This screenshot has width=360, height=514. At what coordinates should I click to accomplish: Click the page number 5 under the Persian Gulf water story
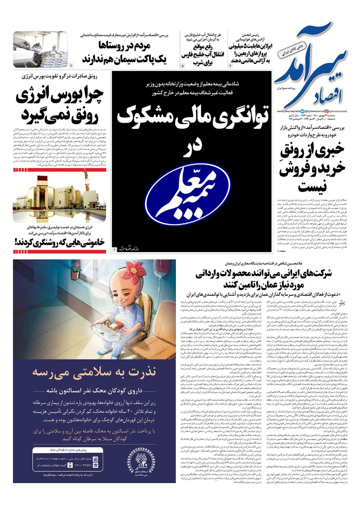(183, 66)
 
